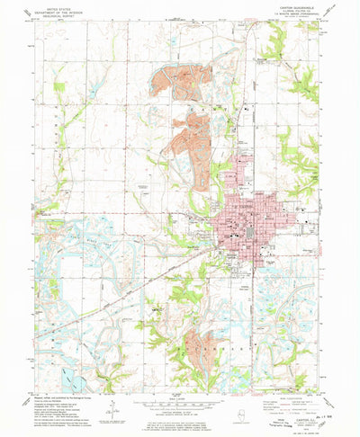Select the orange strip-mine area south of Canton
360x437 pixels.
click(202, 346)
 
